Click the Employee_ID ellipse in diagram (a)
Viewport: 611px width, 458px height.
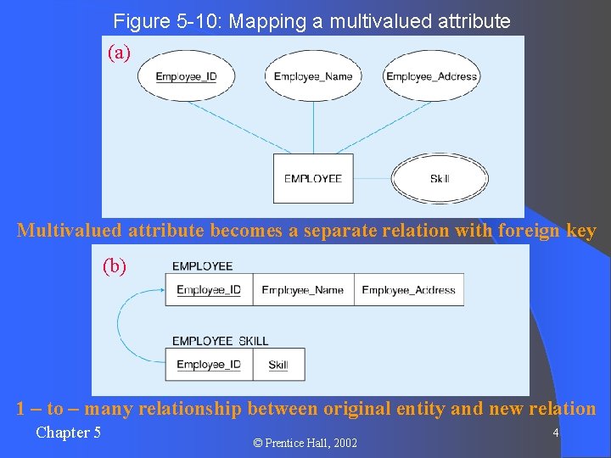click(186, 76)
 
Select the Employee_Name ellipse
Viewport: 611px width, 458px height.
click(312, 76)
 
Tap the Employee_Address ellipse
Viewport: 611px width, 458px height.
click(432, 76)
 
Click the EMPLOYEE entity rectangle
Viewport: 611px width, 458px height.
click(313, 178)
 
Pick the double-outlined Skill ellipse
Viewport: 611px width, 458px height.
click(440, 178)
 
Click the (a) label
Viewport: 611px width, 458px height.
click(119, 53)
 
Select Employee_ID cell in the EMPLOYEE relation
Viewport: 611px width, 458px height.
click(209, 290)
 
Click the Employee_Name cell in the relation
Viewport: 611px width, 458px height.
click(303, 290)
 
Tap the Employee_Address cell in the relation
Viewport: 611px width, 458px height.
click(408, 290)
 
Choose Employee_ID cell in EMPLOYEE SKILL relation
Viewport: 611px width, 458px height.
click(209, 365)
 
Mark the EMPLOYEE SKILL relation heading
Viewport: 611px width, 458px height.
click(220, 341)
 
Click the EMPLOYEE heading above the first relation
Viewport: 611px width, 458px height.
click(202, 266)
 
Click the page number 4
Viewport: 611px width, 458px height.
click(555, 433)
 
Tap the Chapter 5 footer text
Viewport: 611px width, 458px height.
click(68, 433)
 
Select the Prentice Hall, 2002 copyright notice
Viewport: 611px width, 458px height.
click(305, 443)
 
